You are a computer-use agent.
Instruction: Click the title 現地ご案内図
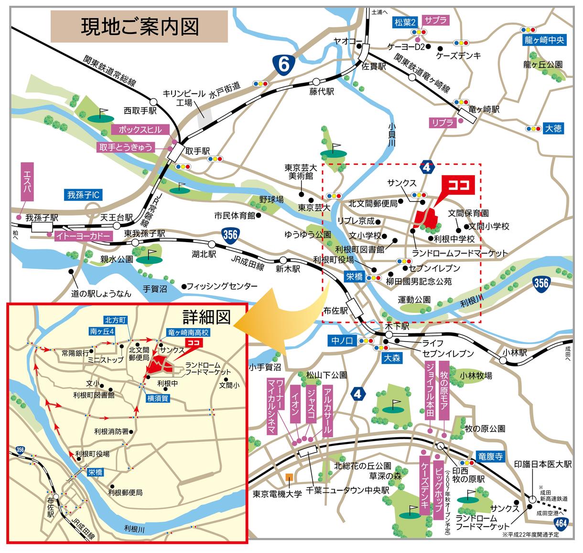(139, 27)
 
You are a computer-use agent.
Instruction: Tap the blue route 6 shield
(283, 65)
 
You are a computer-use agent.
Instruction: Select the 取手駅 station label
(197, 150)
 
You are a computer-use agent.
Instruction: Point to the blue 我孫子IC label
(83, 195)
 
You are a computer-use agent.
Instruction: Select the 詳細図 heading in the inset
(206, 316)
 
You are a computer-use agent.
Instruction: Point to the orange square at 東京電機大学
(289, 476)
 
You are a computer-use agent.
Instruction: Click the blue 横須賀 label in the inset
(157, 398)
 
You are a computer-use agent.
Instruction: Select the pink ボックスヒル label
(140, 130)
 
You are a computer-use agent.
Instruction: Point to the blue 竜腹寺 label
(490, 456)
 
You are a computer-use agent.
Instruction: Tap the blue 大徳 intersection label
(554, 129)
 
